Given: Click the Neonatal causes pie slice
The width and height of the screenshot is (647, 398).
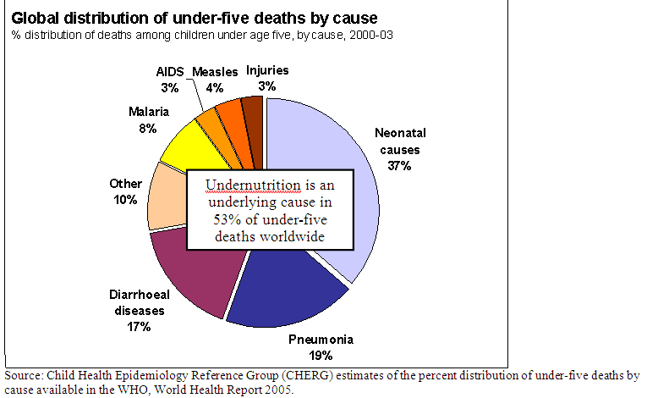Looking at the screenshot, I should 321,144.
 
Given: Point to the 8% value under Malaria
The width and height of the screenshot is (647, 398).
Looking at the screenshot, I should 149,128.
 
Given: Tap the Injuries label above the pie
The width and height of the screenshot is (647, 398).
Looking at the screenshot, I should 266,69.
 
